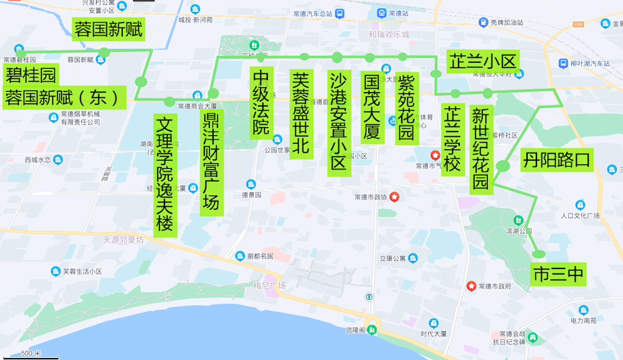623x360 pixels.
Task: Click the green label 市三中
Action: coord(558,275)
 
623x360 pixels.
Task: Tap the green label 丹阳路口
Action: coord(556,159)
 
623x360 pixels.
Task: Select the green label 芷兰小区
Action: coord(483,61)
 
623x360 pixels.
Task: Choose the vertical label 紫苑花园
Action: coord(406,108)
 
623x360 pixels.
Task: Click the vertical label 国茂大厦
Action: coord(371,107)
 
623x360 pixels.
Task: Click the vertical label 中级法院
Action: coord(261,102)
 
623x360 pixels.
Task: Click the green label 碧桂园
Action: coord(31,75)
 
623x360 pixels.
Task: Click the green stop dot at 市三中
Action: coord(538,254)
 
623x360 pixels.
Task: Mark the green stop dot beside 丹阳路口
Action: coord(503,166)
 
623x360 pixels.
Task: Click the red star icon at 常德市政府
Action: coord(472,286)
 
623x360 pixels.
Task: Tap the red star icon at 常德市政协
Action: coord(394,197)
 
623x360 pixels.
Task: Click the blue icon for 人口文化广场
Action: coord(580,204)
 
